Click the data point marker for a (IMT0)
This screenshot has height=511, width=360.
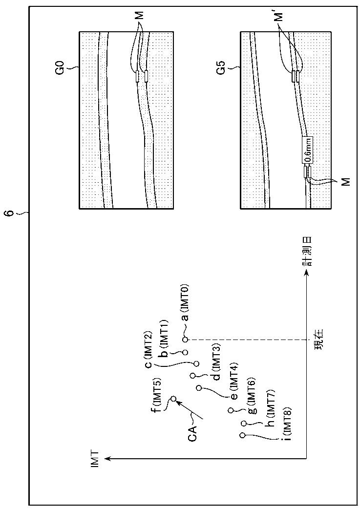[185, 339]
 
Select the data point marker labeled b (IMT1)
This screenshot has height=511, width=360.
[185, 352]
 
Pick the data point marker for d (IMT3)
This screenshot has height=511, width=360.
[193, 376]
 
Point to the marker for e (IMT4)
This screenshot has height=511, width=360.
[199, 388]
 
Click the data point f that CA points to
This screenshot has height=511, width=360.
[173, 399]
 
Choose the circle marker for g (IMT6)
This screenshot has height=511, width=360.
[230, 410]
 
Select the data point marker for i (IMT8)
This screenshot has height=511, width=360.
[242, 435]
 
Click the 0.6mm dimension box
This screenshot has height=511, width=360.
[308, 151]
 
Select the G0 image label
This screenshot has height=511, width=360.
[73, 70]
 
